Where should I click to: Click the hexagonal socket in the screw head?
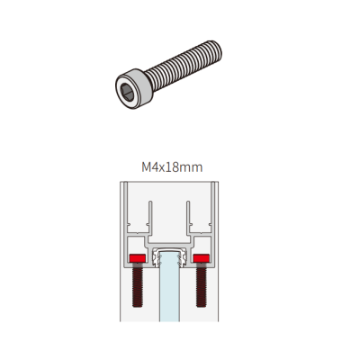127,92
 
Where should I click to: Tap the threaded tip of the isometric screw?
215,51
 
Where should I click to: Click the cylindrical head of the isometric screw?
134,88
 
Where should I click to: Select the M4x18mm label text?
172,167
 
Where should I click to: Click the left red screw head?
138,258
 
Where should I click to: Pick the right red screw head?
201,258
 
